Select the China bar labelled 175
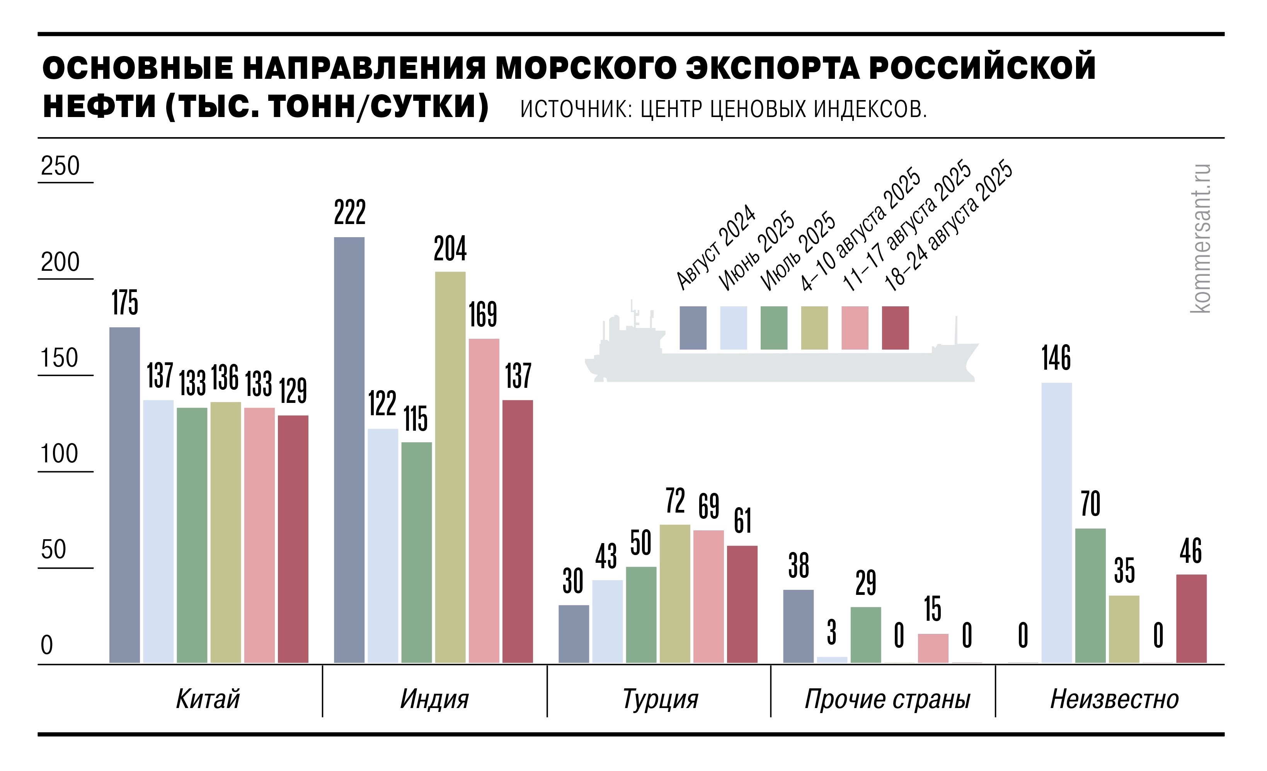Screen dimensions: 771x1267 point(124,495)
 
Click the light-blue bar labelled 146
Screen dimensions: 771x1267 point(1057,523)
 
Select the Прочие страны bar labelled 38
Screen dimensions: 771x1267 point(798,626)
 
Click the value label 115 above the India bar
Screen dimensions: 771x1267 point(416,419)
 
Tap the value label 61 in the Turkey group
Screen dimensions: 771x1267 point(742,521)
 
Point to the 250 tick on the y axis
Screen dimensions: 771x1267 point(60,166)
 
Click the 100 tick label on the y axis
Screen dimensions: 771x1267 point(60,454)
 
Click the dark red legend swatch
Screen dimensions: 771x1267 point(895,328)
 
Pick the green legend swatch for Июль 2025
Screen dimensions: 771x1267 point(774,328)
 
